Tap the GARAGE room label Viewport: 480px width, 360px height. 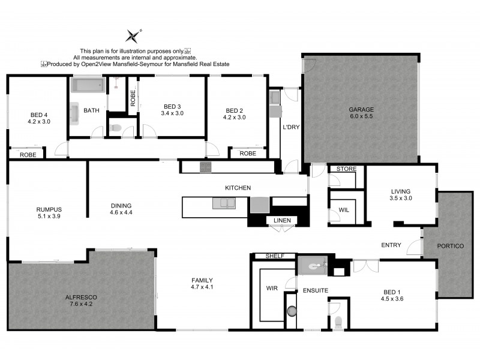click(361, 110)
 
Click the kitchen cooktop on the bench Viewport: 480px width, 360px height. click(205, 167)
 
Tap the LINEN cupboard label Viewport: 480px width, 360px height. click(282, 221)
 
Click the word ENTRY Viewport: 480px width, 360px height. click(391, 245)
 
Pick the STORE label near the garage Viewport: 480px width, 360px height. click(346, 169)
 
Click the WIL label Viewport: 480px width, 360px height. click(344, 210)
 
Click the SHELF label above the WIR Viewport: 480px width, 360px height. click(273, 256)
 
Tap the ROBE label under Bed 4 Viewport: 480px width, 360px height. click(28, 154)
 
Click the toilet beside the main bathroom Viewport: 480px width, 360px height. click(116, 127)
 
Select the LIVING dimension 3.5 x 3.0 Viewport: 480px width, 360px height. click(401, 198)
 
